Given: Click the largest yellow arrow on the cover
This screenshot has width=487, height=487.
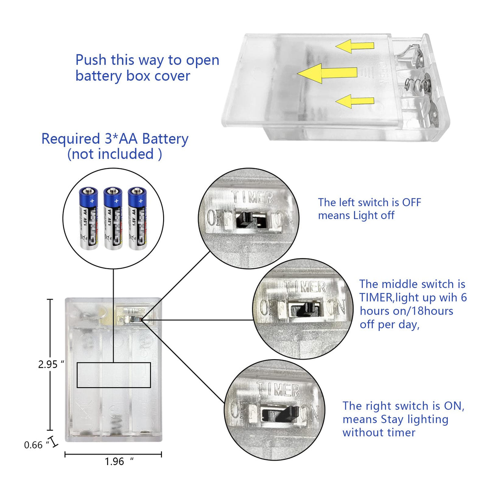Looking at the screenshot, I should [x=327, y=73].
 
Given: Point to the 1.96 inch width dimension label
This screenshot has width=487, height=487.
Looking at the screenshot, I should [x=115, y=461].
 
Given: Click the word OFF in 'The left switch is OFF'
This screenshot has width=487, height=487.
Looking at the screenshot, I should [x=411, y=202].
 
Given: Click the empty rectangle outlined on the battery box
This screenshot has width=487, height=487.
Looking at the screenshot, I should [x=114, y=375].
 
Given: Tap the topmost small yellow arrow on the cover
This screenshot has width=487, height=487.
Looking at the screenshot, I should [x=355, y=46].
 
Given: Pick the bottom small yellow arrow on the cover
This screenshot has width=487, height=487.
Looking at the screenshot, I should [x=355, y=101].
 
